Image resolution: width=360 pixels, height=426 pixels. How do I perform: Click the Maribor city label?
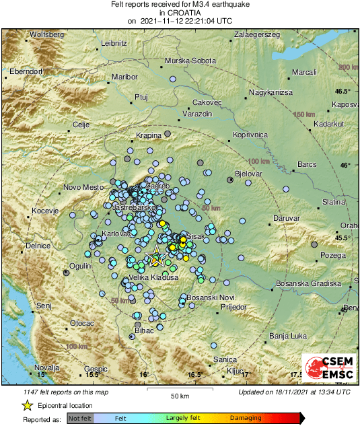[124, 77]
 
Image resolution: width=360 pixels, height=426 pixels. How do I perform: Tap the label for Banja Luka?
[284, 335]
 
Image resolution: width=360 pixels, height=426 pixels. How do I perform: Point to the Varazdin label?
[197, 115]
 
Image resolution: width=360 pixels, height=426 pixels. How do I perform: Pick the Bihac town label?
[145, 330]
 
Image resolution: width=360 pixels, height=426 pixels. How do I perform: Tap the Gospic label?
[96, 369]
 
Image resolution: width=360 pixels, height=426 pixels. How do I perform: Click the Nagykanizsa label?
[271, 91]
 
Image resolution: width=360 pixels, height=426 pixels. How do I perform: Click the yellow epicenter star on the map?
[156, 257]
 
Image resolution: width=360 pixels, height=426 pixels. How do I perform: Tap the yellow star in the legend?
[27, 405]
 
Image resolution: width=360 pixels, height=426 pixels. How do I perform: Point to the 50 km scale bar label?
[178, 395]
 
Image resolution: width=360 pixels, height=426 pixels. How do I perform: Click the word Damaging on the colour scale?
[246, 417]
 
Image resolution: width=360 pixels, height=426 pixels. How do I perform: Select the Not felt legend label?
[80, 418]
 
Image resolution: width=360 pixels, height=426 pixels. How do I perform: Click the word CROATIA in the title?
[180, 13]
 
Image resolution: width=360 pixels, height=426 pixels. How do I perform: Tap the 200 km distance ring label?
[348, 67]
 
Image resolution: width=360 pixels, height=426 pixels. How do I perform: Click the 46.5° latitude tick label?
[343, 90]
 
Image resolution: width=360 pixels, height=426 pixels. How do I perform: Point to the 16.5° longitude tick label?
[194, 375]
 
